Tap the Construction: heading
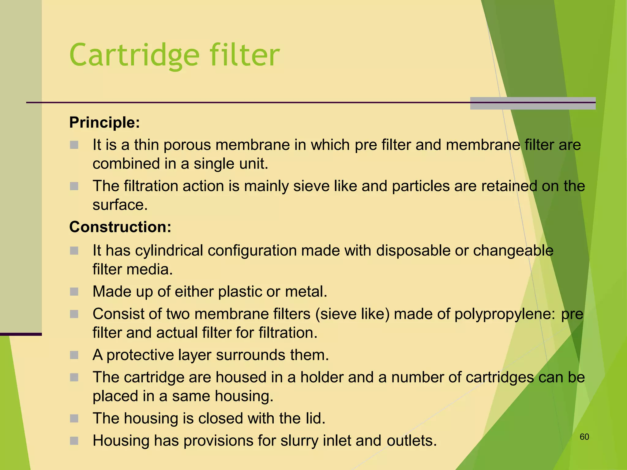coord(120,227)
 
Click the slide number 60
coord(584,437)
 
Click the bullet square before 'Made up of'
coord(74,292)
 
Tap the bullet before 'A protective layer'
coord(74,355)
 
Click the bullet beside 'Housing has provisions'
coord(74,441)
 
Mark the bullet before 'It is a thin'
coord(74,145)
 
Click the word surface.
coord(120,205)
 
